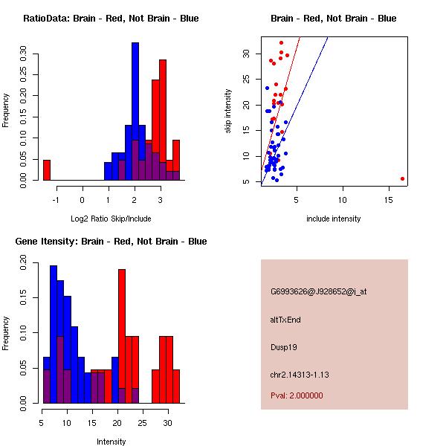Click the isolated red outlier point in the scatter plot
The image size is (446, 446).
[x=402, y=178]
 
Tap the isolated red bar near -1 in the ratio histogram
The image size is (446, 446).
[x=47, y=170]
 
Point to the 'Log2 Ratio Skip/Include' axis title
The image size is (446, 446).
[x=111, y=219]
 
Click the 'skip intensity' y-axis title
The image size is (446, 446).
[x=229, y=111]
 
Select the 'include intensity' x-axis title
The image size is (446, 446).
[x=334, y=219]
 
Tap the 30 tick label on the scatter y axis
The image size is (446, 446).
[x=245, y=54]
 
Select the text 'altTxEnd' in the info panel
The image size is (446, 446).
[x=286, y=320]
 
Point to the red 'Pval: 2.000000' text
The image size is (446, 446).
[x=297, y=395]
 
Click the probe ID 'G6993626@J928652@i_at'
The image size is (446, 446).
[x=319, y=291]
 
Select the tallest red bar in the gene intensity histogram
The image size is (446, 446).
[x=122, y=334]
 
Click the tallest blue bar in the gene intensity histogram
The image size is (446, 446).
[x=54, y=334]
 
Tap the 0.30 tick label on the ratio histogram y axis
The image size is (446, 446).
[x=24, y=54]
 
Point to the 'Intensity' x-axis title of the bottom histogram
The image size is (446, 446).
[x=111, y=442]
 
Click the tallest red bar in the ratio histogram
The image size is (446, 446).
[x=163, y=119]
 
